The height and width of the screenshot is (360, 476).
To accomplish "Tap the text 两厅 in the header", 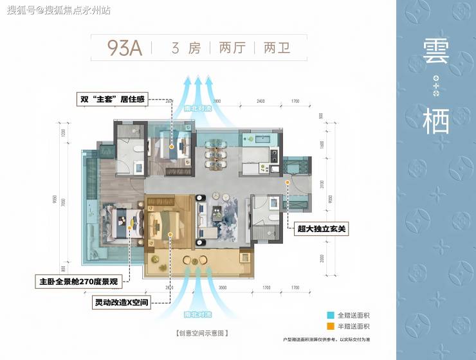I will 232,48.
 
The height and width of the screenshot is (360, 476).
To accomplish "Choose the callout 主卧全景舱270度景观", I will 79,281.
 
